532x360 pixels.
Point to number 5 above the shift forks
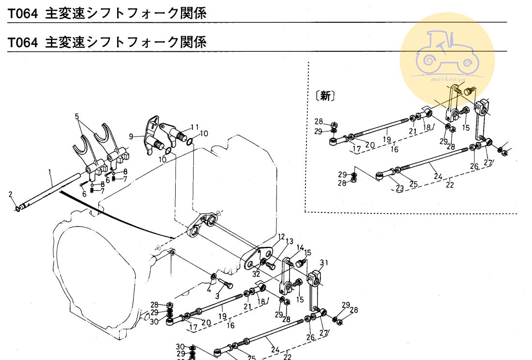[77, 116]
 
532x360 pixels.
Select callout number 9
[131, 136]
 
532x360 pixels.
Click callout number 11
[194, 127]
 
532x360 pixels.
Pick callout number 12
[281, 237]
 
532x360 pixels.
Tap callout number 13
[289, 241]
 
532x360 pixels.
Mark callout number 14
[301, 248]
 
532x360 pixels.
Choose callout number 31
[324, 263]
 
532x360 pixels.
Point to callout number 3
[217, 296]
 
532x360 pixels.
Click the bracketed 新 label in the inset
[326, 96]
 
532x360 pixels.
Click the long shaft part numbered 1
[53, 190]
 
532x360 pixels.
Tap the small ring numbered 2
[17, 209]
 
